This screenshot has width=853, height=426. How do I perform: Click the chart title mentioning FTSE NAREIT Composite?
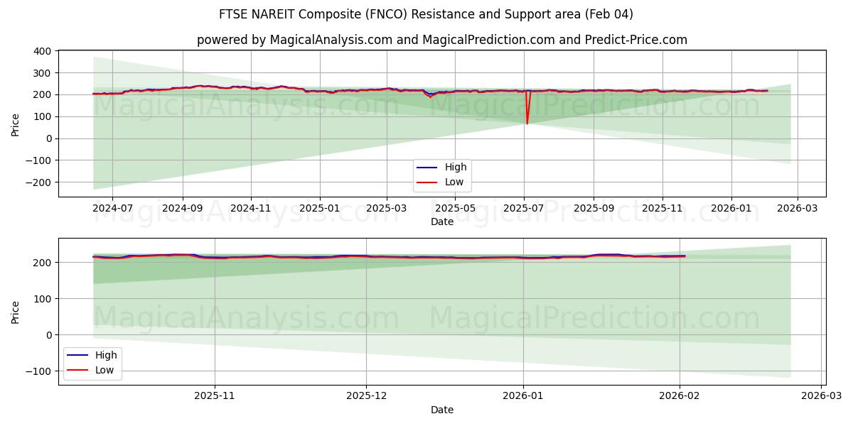[426, 14]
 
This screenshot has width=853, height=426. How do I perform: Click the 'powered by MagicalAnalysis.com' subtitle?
[441, 40]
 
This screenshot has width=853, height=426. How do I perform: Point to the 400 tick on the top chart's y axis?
[41, 51]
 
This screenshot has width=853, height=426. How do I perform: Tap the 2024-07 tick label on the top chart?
[112, 209]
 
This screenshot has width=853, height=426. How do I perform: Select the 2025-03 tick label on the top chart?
[387, 209]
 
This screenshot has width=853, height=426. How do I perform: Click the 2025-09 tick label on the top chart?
[593, 209]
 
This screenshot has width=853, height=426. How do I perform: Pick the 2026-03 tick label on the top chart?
[797, 209]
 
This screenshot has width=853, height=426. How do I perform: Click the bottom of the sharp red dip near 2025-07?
[527, 124]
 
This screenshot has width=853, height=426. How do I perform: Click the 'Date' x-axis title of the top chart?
[441, 222]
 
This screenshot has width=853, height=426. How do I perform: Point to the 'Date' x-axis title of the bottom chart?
[441, 410]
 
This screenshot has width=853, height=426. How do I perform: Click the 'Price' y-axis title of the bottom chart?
[16, 312]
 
